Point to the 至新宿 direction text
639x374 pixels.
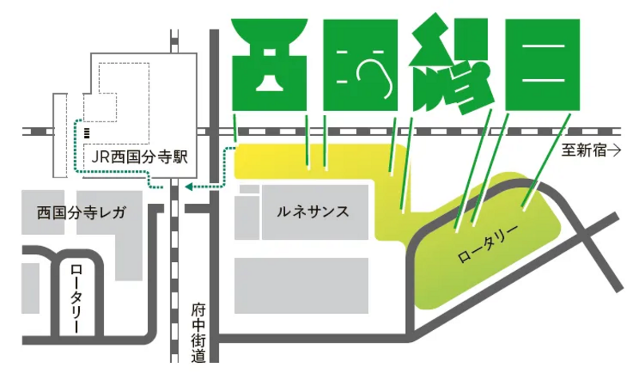(x=584, y=149)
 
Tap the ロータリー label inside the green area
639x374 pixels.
(x=488, y=246)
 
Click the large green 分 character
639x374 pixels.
(x=451, y=64)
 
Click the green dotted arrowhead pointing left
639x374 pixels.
(x=189, y=187)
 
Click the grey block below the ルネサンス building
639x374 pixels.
(x=300, y=284)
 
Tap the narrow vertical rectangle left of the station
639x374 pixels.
(x=58, y=134)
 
